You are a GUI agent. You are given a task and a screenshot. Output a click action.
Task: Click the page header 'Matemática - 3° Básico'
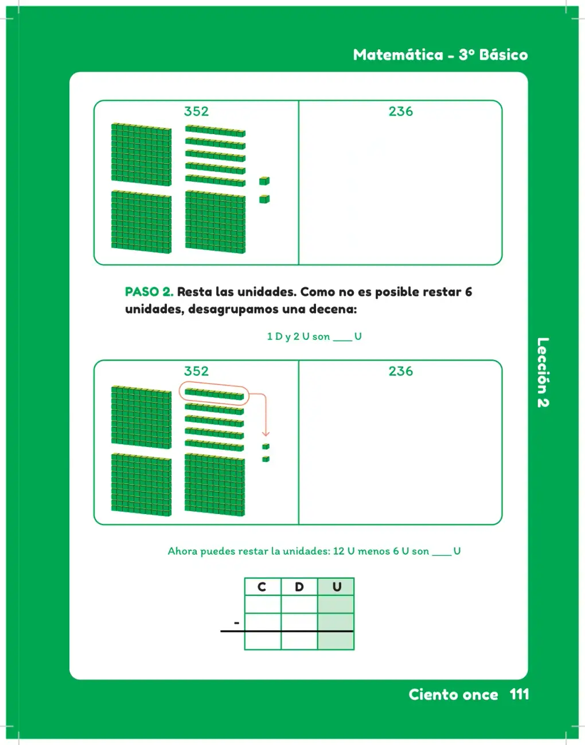(440, 55)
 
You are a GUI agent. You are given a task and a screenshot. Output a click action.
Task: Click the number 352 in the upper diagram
(196, 111)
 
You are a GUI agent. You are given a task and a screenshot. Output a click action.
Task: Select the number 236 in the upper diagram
(401, 111)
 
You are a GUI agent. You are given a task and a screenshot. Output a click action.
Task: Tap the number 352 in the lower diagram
(196, 371)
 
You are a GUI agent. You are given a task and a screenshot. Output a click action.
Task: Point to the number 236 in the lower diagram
(401, 371)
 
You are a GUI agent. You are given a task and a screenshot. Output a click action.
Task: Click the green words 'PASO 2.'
(149, 292)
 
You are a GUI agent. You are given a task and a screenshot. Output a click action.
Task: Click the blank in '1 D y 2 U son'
(342, 340)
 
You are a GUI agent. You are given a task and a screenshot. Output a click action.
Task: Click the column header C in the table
(262, 587)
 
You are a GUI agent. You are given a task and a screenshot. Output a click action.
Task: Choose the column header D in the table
(299, 587)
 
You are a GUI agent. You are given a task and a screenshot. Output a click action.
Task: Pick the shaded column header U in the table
(337, 587)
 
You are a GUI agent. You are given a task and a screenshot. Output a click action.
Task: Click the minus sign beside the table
(236, 622)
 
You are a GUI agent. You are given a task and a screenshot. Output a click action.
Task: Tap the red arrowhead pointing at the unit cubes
(266, 434)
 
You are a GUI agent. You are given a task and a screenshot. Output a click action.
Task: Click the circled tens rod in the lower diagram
(214, 394)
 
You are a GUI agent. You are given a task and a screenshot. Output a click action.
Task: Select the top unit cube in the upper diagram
(264, 181)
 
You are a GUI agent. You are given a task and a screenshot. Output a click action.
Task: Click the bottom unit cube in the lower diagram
(266, 458)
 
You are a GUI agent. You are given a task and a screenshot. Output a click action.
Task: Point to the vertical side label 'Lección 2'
(543, 372)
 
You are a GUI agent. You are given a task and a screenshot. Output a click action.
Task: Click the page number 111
(520, 694)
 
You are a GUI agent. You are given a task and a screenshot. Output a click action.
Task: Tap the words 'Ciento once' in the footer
(453, 694)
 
